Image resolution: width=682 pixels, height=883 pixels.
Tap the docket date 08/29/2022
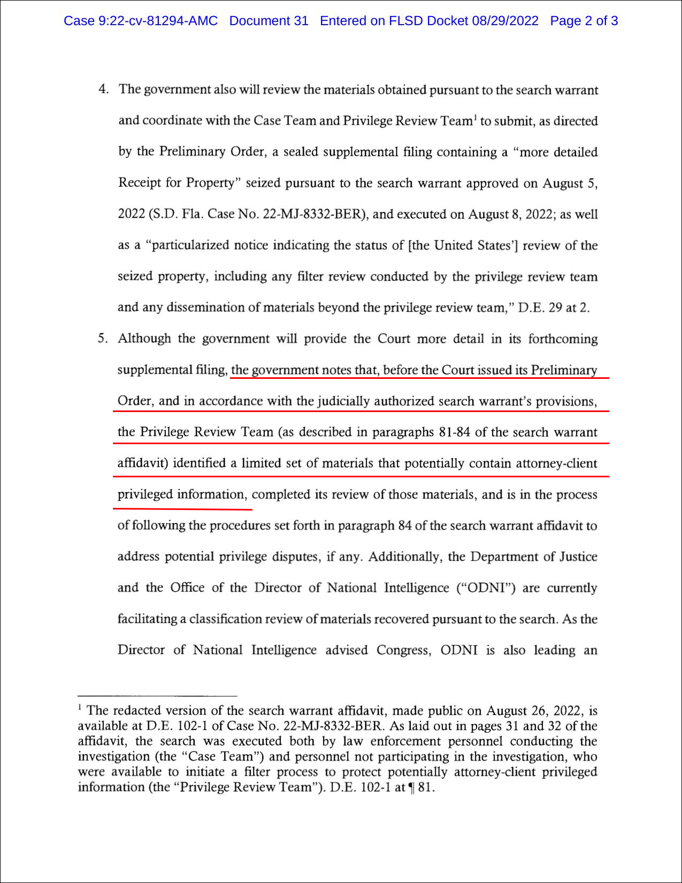[505, 21]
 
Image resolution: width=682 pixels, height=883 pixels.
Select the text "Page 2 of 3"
[584, 21]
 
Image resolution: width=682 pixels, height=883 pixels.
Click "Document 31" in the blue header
[269, 21]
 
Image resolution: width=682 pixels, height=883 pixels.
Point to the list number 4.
[103, 89]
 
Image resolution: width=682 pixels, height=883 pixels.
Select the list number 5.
[102, 338]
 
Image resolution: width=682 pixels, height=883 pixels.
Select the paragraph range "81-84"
[454, 432]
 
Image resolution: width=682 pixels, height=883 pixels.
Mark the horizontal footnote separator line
[157, 695]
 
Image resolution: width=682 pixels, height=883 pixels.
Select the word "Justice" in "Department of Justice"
[578, 557]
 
